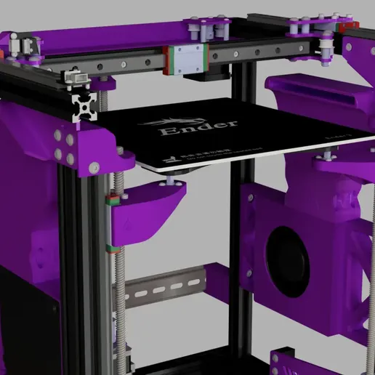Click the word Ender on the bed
(198, 129)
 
